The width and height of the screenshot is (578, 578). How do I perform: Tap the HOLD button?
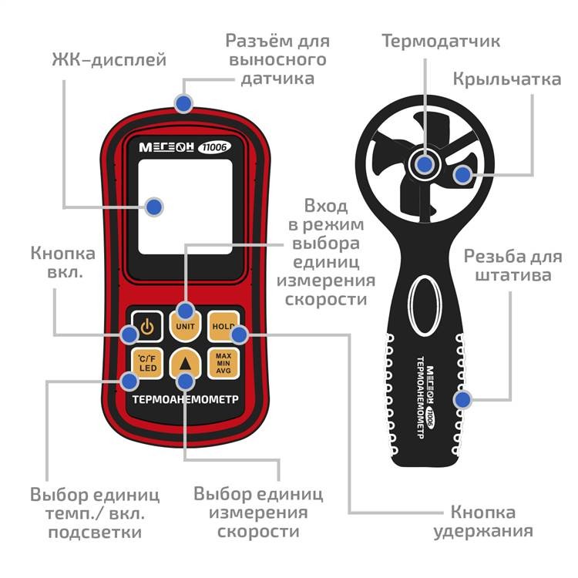223,326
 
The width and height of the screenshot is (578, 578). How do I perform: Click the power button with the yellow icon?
147,326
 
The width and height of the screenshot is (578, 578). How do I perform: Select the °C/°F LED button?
147,364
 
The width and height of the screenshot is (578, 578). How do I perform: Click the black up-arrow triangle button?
186,364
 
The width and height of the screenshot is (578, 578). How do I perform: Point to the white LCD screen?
186,207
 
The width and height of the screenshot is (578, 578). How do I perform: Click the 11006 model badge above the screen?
214,147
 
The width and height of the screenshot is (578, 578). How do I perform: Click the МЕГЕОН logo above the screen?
166,147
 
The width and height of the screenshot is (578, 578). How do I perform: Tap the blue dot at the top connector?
183,103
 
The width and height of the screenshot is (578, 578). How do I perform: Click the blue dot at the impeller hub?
425,164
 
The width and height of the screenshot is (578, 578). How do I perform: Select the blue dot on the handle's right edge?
462,399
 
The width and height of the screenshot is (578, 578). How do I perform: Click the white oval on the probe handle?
425,305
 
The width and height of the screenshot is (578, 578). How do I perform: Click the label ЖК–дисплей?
109,59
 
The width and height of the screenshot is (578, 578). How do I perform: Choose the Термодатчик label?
441,41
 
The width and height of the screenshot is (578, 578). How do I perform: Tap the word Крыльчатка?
507,79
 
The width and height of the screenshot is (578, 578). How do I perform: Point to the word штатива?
512,275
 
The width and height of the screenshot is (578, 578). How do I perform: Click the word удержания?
483,531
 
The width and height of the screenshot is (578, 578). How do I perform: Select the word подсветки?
95,532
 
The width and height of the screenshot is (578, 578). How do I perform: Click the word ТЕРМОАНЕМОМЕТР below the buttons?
186,399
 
